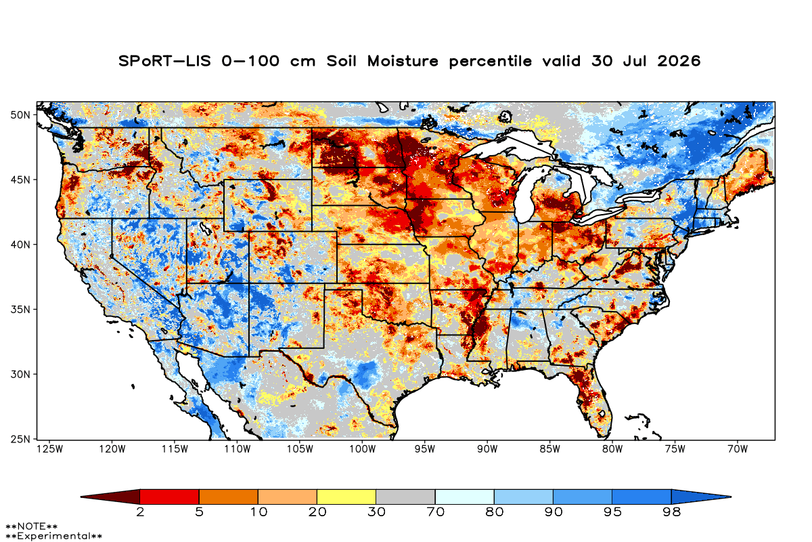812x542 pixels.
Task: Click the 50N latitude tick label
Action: tap(20, 115)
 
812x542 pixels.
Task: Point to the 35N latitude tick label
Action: tap(20, 310)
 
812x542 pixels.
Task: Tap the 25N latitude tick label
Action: tap(20, 439)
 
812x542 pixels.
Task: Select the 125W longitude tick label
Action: tap(49, 449)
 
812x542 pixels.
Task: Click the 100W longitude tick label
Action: tap(362, 449)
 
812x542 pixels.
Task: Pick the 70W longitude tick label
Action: tap(738, 449)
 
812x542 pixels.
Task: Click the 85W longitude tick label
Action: tap(549, 449)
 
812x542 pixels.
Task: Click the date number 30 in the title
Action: tap(602, 61)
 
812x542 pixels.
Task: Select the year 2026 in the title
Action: tap(679, 61)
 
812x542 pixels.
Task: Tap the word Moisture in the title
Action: tap(403, 61)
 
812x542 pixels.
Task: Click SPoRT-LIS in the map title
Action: tap(164, 61)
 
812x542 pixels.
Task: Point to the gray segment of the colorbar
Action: tap(405, 497)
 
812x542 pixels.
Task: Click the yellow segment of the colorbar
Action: tap(346, 497)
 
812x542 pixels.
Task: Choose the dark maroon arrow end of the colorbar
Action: tap(110, 497)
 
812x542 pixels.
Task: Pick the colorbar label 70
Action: tap(435, 512)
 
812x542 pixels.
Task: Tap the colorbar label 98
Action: tap(671, 512)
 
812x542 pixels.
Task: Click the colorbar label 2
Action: tap(140, 512)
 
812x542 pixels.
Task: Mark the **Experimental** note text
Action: tap(53, 536)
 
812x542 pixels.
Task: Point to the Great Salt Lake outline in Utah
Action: tap(205, 228)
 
